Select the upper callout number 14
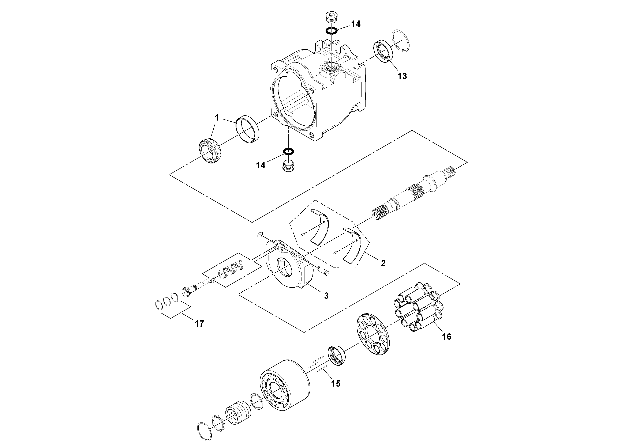pos(356,24)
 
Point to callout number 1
pos(217,118)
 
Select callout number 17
pos(199,324)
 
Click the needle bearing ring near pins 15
pos(337,356)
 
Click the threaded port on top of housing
pos(332,67)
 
